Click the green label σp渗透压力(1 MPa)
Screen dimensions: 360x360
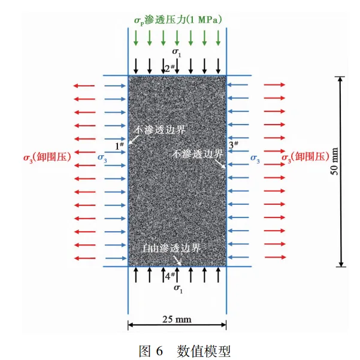(178, 20)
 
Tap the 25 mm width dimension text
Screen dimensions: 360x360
(177, 319)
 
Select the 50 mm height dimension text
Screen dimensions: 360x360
(334, 161)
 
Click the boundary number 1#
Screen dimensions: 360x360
(119, 146)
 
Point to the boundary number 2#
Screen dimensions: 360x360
(170, 68)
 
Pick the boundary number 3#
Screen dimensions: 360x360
(234, 144)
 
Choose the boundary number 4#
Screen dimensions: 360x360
(170, 276)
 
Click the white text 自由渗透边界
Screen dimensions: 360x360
(171, 248)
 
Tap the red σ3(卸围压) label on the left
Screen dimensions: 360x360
(47, 158)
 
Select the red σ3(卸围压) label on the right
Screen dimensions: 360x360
(305, 158)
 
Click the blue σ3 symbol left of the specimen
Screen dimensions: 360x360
(102, 158)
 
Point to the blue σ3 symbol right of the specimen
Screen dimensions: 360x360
(255, 158)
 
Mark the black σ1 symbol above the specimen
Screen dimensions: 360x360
(177, 52)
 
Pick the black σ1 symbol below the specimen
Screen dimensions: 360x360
(178, 289)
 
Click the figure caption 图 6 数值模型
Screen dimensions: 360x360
(184, 351)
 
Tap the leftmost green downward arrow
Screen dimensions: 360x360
(136, 38)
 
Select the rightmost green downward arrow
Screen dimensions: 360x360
(218, 38)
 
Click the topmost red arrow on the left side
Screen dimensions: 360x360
(84, 86)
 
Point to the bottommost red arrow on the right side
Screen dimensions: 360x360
(275, 257)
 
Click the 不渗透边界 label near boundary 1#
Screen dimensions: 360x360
(159, 130)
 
